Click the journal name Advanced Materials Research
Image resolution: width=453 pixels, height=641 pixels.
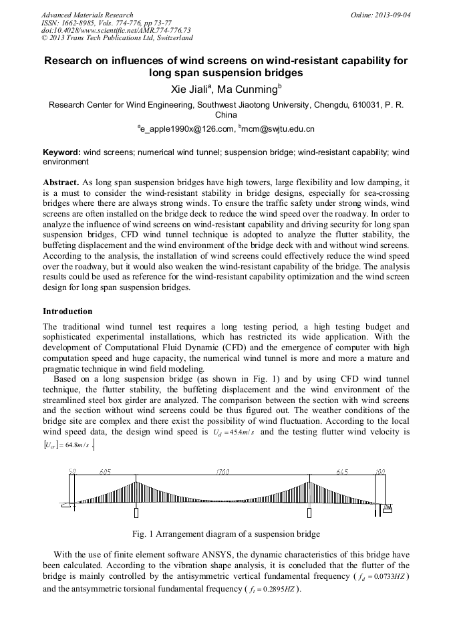point(87,14)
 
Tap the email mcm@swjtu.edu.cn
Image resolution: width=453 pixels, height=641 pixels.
point(279,129)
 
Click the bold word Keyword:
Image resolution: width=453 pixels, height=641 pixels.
point(61,152)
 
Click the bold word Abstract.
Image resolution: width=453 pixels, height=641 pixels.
point(60,182)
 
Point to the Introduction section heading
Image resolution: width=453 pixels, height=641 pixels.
point(67,311)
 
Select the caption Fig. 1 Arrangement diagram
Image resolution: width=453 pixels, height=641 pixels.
point(226,534)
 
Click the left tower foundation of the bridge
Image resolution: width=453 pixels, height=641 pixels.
point(136,513)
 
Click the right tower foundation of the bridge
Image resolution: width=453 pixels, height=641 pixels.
point(309,513)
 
